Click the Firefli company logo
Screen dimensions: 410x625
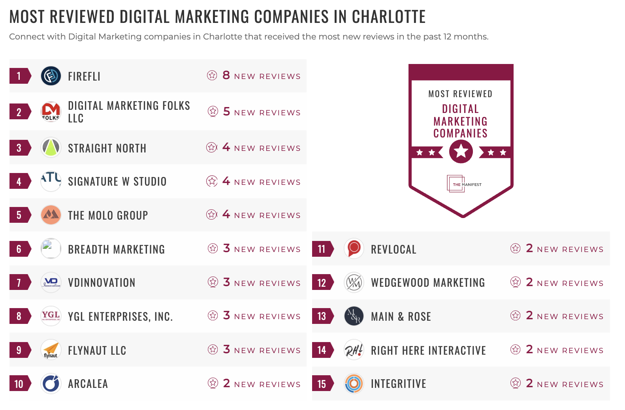click(51, 76)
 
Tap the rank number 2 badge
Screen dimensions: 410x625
click(19, 112)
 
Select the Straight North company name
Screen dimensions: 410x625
click(107, 148)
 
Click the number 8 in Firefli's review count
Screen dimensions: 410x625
click(226, 75)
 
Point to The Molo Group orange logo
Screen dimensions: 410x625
click(51, 215)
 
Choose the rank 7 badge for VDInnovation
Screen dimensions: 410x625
click(19, 283)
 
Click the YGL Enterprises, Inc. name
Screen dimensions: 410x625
click(120, 316)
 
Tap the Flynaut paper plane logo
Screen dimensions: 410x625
click(51, 350)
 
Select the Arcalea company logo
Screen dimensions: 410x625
click(51, 384)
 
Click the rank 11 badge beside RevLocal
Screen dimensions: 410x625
click(322, 249)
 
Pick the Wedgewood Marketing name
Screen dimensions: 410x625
click(428, 283)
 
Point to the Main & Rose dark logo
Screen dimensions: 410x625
click(354, 316)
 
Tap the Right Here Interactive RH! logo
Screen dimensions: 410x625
click(354, 350)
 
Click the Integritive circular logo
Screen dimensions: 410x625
click(354, 384)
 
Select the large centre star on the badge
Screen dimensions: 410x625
click(461, 151)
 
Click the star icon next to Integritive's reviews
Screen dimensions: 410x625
click(515, 383)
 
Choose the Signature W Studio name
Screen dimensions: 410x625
click(117, 182)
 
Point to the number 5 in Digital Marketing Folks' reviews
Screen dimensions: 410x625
click(226, 111)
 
